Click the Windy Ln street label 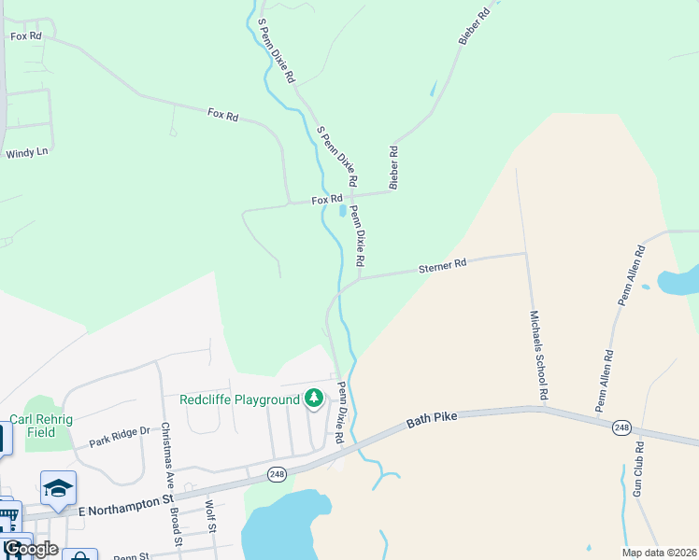click(x=26, y=152)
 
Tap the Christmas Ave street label click(x=166, y=452)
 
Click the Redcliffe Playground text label click(x=239, y=399)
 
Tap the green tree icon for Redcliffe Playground click(x=314, y=399)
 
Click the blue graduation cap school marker click(x=58, y=488)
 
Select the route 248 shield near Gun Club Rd click(x=621, y=427)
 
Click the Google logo click(x=30, y=549)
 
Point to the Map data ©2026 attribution click(x=660, y=553)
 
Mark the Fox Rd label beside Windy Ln click(x=26, y=36)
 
